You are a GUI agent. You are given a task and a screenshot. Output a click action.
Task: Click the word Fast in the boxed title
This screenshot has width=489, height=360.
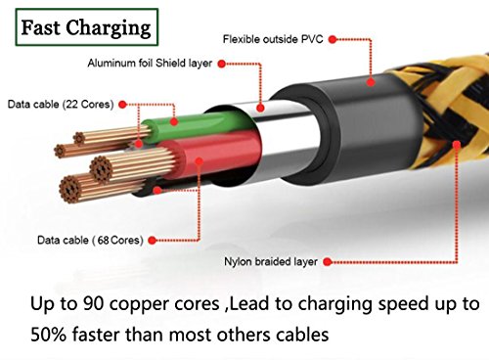pos(41,27)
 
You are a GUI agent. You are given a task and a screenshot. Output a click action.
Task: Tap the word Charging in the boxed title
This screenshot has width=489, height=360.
pos(109,28)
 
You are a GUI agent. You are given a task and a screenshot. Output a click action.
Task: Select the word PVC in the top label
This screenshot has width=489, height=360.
pos(312,39)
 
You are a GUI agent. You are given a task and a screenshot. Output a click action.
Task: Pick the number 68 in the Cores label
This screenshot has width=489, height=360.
pos(103,241)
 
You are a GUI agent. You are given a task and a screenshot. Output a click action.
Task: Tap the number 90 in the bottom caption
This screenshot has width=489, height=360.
pos(94,303)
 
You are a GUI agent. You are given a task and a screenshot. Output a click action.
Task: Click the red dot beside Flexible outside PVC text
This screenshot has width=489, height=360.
pos(333,39)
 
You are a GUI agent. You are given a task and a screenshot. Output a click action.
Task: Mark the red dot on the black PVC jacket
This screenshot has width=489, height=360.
pos(371,81)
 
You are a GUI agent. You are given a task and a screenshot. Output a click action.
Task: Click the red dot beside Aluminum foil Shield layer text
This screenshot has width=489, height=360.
pos(222,64)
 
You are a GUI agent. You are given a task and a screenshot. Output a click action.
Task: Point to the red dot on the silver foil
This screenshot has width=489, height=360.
pos(260,108)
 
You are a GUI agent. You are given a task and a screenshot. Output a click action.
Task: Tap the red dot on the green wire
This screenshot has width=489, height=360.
pos(174,121)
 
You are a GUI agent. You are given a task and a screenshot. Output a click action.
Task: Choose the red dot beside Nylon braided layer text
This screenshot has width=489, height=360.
pos(328,262)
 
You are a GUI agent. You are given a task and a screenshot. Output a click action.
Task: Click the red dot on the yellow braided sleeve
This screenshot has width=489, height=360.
pos(457,145)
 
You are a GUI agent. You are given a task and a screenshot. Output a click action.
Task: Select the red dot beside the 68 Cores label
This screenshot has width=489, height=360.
pos(152,241)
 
